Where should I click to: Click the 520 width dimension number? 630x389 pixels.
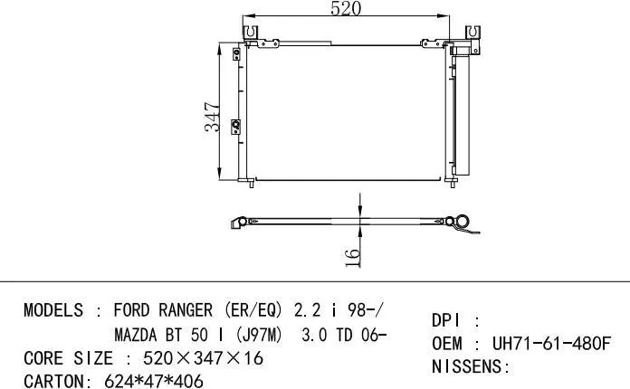click(345, 9)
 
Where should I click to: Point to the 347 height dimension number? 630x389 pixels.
click(212, 117)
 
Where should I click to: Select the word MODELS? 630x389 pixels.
click(53, 310)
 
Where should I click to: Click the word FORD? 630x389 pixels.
click(131, 310)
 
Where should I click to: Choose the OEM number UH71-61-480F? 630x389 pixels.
click(551, 345)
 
